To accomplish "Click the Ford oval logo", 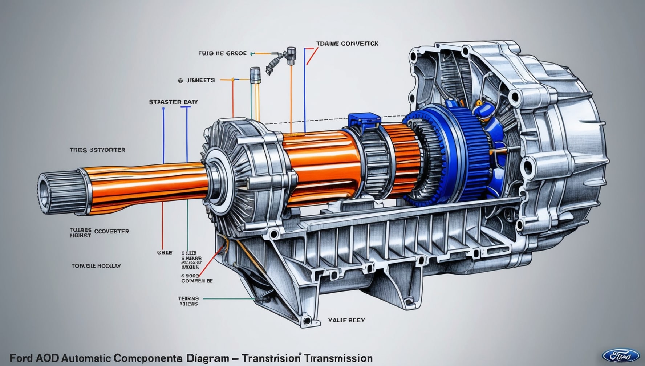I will click(x=621, y=355).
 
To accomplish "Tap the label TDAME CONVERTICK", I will click(x=347, y=44).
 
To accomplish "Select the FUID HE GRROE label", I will click(x=222, y=53).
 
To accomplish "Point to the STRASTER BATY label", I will click(x=173, y=102).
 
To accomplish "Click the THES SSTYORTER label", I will click(x=97, y=150).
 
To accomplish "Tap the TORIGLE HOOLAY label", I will click(x=96, y=266).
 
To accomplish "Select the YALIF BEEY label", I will click(x=346, y=320).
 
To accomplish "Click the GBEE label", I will click(x=165, y=252).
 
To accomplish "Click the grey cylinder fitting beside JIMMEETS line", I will click(x=255, y=75).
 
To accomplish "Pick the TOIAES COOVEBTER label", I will click(x=99, y=233).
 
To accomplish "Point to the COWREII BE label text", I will click(x=197, y=281).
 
